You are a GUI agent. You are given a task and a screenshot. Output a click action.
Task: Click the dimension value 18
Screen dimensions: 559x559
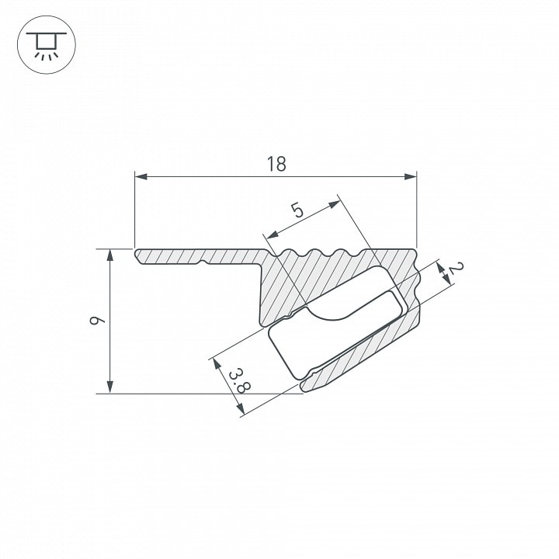point(276,164)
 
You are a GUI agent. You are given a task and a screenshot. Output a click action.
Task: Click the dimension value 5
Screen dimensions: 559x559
point(297,210)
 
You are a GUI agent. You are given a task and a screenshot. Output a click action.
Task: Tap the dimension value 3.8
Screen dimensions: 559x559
point(239,381)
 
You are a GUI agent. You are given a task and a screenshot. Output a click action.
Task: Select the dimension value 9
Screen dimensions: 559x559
point(97,320)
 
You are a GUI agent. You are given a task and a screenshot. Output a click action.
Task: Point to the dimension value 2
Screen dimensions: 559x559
point(457,267)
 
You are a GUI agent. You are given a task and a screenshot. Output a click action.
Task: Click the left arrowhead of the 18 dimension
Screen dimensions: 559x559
point(141,176)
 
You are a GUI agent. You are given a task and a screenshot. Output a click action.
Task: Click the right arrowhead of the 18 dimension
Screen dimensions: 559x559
point(411,176)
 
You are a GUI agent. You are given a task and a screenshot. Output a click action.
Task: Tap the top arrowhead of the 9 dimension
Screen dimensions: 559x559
point(110,255)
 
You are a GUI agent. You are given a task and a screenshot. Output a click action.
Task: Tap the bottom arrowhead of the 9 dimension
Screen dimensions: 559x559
point(110,387)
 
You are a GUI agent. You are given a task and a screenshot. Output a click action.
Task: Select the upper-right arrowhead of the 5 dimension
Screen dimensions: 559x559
point(335,204)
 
